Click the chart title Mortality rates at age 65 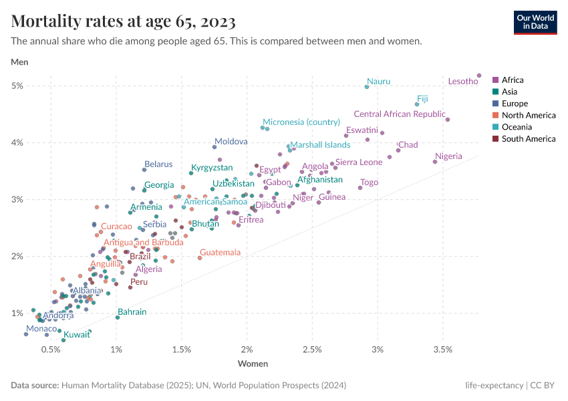(124, 21)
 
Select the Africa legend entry (513, 80)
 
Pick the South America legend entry (528, 139)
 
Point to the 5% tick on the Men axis (17, 86)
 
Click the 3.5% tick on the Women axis (442, 350)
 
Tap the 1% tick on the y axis (17, 313)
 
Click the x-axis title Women (253, 364)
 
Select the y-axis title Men (20, 62)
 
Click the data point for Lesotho (479, 76)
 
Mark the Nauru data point (367, 87)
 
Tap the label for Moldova (231, 142)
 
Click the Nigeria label (448, 156)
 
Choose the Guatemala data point (200, 258)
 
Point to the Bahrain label (132, 312)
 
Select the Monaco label (41, 329)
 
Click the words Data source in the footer (35, 386)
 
